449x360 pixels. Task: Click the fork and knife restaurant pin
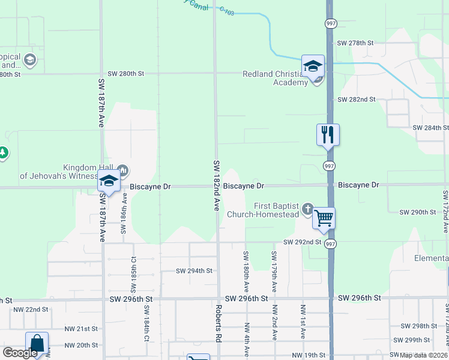[328, 134]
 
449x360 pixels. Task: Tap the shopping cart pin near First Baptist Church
[324, 218]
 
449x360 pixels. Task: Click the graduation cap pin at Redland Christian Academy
[313, 66]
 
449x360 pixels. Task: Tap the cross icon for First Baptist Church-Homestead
[308, 209]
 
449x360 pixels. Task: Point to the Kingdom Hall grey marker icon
[123, 170]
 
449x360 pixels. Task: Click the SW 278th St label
[355, 43]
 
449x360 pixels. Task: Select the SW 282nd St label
[357, 99]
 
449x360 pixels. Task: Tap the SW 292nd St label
[303, 242]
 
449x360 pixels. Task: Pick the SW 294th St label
[194, 271]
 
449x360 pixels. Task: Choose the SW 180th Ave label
[246, 271]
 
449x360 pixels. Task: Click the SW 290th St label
[418, 212]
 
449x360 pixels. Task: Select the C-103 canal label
[226, 10]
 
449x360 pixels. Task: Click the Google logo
[20, 353]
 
